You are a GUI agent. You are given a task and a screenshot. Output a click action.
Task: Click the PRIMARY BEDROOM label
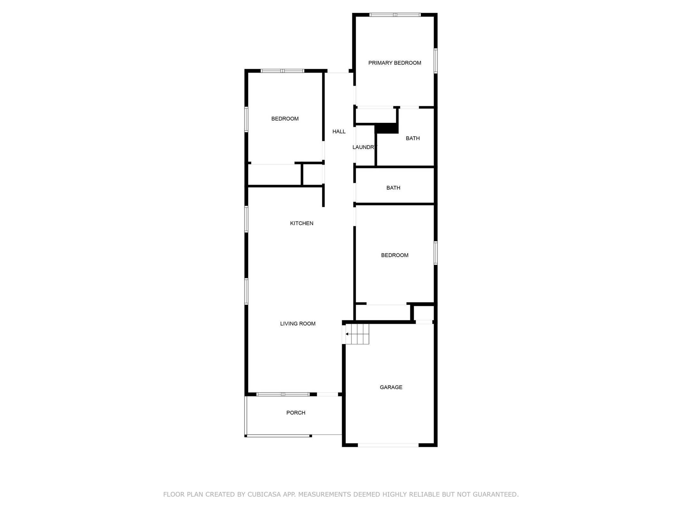[395, 63]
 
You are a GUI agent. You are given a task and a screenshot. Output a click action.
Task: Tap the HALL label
[339, 132]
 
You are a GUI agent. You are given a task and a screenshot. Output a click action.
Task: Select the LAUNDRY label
[365, 147]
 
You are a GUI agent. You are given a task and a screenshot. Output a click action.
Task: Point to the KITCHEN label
[302, 223]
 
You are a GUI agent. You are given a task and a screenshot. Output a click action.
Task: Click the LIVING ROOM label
[298, 324]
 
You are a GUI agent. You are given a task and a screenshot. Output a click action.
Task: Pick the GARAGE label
[391, 388]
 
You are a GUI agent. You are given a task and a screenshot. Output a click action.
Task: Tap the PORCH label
[296, 413]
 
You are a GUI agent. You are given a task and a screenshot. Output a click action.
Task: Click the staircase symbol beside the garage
[357, 334]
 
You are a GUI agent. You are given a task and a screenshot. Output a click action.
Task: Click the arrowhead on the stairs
[347, 334]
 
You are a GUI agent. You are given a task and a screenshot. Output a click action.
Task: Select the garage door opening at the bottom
[388, 445]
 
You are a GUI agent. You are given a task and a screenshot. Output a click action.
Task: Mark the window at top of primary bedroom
[395, 15]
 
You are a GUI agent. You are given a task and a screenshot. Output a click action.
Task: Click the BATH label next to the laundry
[413, 139]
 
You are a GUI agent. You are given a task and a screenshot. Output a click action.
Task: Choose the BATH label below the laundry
[393, 188]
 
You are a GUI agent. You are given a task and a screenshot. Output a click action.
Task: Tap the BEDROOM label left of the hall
[285, 119]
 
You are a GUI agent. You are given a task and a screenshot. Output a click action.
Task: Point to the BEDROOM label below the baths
[395, 255]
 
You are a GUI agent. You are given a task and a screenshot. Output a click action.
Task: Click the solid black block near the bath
[387, 129]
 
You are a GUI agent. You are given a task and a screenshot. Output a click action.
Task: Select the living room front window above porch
[283, 395]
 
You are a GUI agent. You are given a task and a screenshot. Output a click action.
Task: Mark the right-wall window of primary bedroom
[435, 61]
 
